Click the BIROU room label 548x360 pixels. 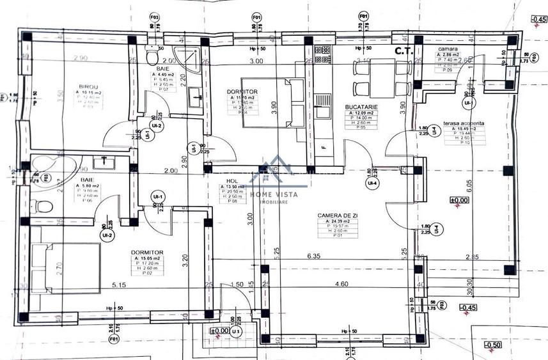[x=88, y=86]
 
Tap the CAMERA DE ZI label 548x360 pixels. [x=337, y=215]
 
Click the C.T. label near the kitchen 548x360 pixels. [x=404, y=51]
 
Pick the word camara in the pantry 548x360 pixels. [x=447, y=49]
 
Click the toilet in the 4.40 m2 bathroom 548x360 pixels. [x=152, y=57]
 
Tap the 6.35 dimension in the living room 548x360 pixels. [x=313, y=256]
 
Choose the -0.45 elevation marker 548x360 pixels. [x=536, y=19]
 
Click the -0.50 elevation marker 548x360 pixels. [x=493, y=345]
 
